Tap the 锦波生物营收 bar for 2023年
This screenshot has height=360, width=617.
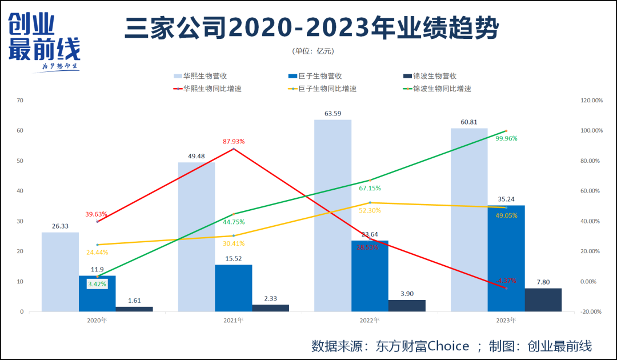pos(543,300)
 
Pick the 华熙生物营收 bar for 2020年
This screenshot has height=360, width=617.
pos(60,271)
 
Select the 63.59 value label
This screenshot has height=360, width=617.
pos(333,113)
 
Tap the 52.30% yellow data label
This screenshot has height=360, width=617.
pos(370,210)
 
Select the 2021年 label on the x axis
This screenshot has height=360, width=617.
pos(233,321)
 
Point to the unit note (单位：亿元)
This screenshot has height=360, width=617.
pos(312,51)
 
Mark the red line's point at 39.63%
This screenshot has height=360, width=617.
pos(97,222)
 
